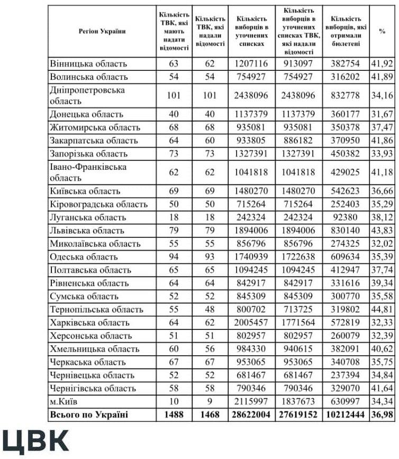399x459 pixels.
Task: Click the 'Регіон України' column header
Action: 102,31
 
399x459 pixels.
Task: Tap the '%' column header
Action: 382,31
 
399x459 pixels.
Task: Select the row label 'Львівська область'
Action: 87,231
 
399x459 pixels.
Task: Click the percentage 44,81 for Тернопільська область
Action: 382,310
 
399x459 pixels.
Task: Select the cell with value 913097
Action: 299,64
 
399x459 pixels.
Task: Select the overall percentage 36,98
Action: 382,415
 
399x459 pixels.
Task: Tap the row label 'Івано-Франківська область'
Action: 89,172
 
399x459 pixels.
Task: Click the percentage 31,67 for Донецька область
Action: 382,114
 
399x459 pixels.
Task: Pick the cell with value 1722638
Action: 299,257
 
